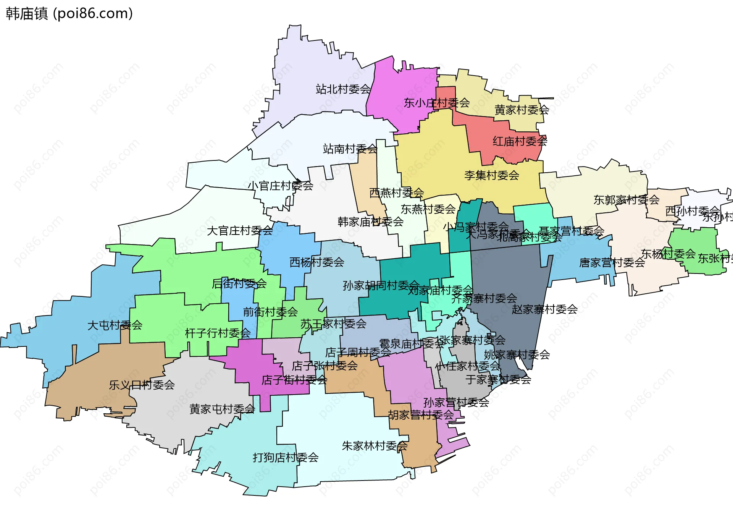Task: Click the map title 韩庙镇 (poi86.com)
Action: pyautogui.click(x=69, y=13)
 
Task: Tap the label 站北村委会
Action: pyautogui.click(x=343, y=89)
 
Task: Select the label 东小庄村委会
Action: pyautogui.click(x=437, y=103)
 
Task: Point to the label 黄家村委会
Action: pyautogui.click(x=521, y=110)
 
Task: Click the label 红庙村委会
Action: pyautogui.click(x=520, y=141)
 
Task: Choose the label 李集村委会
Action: pyautogui.click(x=492, y=175)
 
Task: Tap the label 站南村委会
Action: pyautogui.click(x=350, y=149)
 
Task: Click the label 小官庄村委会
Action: pyautogui.click(x=281, y=186)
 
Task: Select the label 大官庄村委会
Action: pyautogui.click(x=240, y=231)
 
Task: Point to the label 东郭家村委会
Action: pyautogui.click(x=626, y=200)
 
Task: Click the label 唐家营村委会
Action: pyautogui.click(x=612, y=263)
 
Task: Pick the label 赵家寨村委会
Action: pyautogui.click(x=544, y=309)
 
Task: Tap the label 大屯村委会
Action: pyautogui.click(x=115, y=325)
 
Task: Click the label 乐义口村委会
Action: pyautogui.click(x=142, y=385)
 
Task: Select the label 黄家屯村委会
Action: pyautogui.click(x=222, y=409)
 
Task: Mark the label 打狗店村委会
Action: pyautogui.click(x=286, y=458)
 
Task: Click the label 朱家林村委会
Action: pyautogui.click(x=375, y=446)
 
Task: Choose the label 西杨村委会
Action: pyautogui.click(x=316, y=262)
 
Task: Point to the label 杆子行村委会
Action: pyautogui.click(x=218, y=333)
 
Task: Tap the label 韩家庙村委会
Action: pyautogui.click(x=370, y=222)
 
